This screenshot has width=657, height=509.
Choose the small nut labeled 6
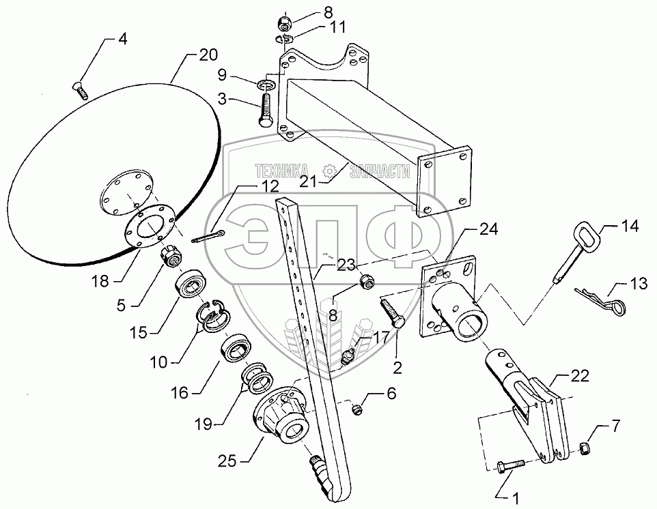coord(356,409)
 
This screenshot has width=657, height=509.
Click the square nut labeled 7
coord(585,448)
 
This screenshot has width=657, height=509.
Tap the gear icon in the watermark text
coord(329,170)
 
